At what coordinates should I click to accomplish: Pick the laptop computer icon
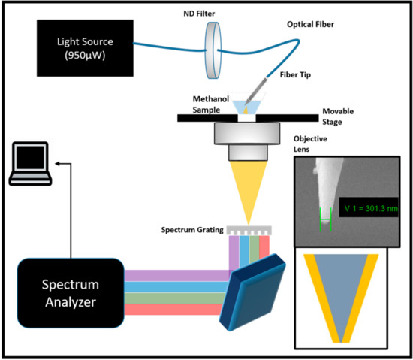pyautogui.click(x=31, y=165)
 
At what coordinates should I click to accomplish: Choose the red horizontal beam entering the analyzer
pyautogui.click(x=173, y=309)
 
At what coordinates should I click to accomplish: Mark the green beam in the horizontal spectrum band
pyautogui.click(x=173, y=298)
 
